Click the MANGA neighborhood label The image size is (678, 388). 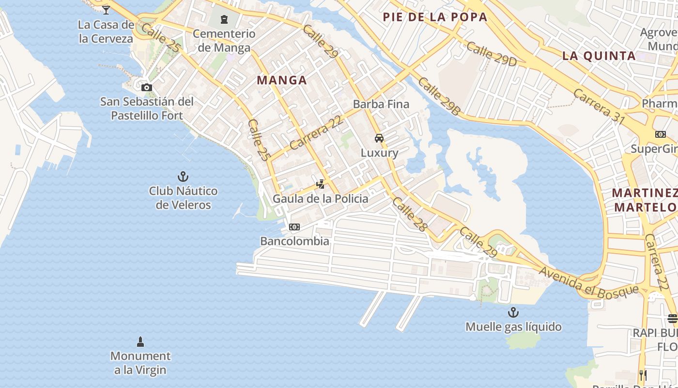point(282,81)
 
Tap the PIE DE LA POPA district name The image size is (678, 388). point(435,17)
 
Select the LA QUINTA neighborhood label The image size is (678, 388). point(599,56)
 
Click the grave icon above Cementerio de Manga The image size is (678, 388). point(224,19)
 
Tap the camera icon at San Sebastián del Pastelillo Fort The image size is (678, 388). point(146,88)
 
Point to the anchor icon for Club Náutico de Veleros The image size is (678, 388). point(183,177)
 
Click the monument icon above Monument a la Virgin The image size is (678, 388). point(140,342)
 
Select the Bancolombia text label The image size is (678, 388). point(294,241)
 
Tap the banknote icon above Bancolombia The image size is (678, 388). point(294,227)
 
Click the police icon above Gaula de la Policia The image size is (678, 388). point(320,184)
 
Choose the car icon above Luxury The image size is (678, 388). point(379,138)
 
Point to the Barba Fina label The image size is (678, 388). point(381,104)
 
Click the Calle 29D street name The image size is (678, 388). point(492,54)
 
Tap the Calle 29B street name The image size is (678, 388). point(439,96)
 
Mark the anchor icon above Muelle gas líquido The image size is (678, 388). point(513,312)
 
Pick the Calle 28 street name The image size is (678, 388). point(410,213)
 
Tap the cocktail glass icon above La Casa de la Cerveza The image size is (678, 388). point(106,9)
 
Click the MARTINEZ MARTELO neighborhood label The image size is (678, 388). point(645,200)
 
